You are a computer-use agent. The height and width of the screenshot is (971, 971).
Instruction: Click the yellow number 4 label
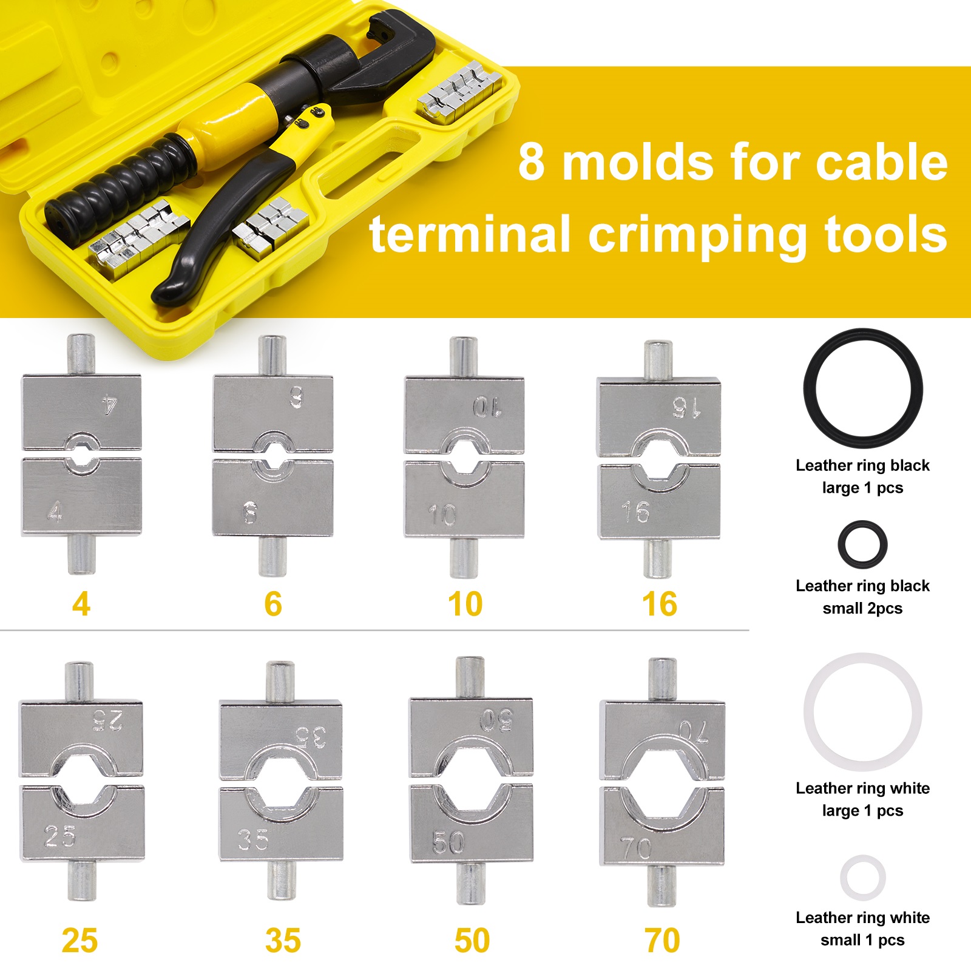tap(81, 604)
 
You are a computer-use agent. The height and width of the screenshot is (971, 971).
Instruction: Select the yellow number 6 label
tap(273, 604)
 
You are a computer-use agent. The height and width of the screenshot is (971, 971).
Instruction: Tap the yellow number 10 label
tap(465, 604)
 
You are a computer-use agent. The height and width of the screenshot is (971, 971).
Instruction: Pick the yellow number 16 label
tap(660, 604)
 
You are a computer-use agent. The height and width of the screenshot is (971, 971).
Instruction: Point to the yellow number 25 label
tap(80, 941)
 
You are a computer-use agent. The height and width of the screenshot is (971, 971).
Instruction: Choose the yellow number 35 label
tap(283, 941)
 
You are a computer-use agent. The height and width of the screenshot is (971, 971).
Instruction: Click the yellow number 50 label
tap(472, 941)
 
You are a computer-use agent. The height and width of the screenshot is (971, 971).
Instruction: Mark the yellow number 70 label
tap(663, 941)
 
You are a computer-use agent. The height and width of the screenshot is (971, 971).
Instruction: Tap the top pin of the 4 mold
tap(81, 354)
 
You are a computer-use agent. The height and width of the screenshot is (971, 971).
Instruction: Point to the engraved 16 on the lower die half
tap(635, 513)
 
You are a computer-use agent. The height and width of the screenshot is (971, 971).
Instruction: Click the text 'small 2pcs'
tap(862, 608)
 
